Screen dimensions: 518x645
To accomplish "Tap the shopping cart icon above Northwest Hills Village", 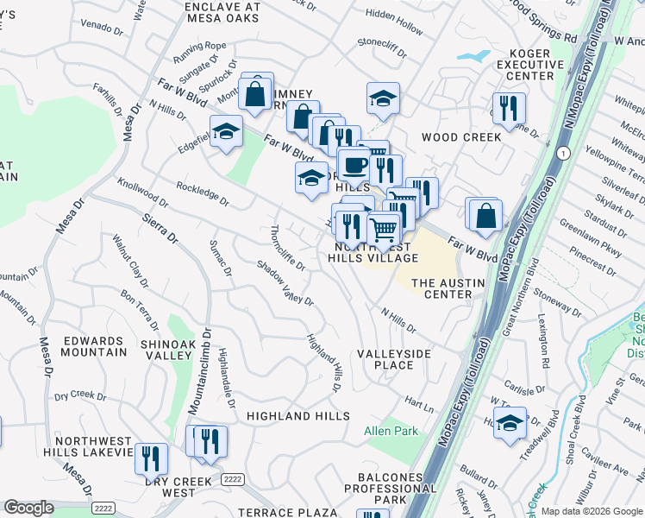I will tap(383, 231).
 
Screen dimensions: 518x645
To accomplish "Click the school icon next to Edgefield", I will tap(226, 133).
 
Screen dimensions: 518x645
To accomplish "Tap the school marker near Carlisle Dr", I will tap(510, 423).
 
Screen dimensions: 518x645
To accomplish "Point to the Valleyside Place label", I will tap(385, 359).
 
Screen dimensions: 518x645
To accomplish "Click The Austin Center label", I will tap(441, 288).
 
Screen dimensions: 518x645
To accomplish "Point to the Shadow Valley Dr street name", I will tap(285, 282).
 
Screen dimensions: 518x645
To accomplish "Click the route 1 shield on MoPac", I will tap(562, 153).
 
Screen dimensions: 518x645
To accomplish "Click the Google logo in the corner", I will tap(29, 508).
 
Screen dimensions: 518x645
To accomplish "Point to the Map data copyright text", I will tap(592, 511).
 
